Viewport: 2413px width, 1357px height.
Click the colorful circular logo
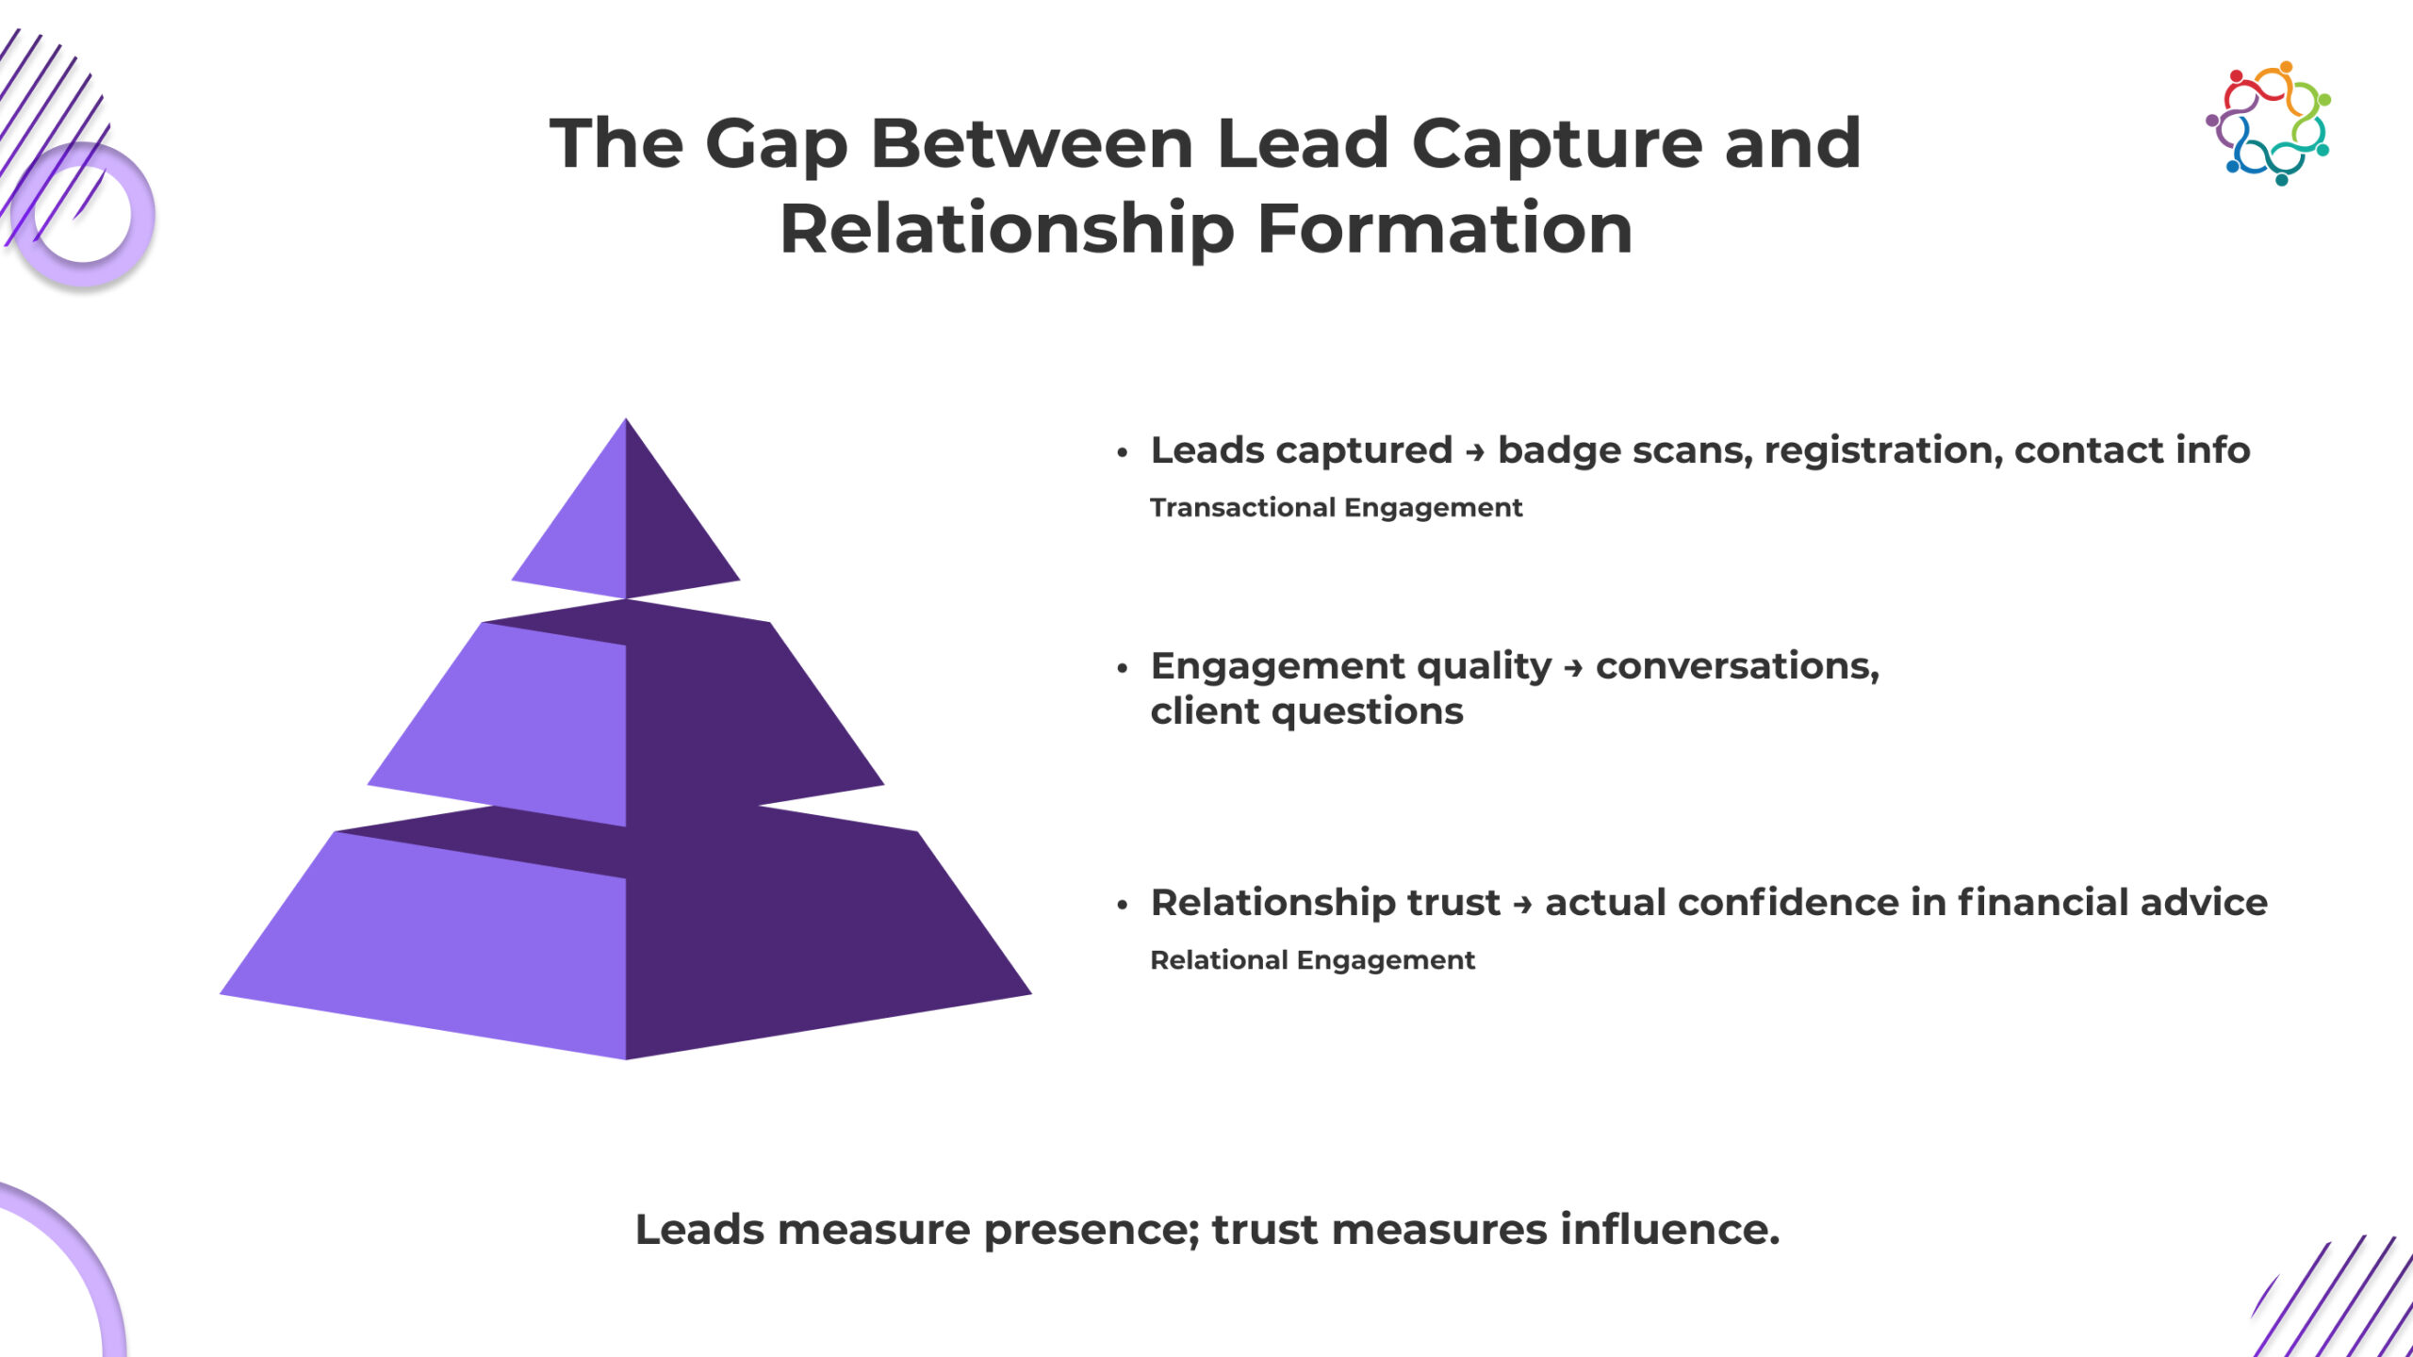coord(2269,123)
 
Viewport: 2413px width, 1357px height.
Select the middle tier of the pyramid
coord(626,716)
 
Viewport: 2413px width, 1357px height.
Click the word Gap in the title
coord(776,146)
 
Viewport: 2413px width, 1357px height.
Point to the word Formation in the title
coord(1444,230)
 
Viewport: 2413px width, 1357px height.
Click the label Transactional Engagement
coord(1336,508)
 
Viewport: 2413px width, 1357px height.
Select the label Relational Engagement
coord(1312,960)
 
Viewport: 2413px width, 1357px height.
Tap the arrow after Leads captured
coord(1475,453)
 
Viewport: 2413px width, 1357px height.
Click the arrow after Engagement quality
coord(1573,669)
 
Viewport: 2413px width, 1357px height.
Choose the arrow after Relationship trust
coord(1522,906)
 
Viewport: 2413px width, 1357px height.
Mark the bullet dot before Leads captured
coord(1122,453)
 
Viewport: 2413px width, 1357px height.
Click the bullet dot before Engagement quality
coord(1122,669)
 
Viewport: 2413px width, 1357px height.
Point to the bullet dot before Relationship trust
coord(1122,906)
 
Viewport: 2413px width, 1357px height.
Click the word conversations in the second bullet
coord(1737,667)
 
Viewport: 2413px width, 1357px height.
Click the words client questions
coord(1306,712)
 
